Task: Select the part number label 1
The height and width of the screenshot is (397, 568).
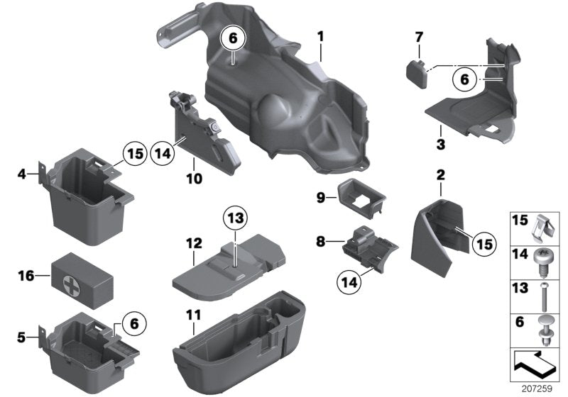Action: coord(320,35)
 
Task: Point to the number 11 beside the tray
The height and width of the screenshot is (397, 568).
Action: coord(193,314)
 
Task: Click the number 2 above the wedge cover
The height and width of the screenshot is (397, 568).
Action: coord(440,174)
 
